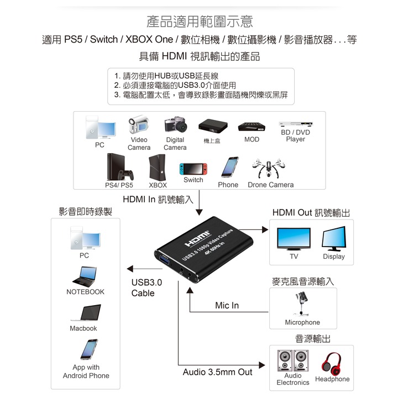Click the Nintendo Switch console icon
tap(193, 168)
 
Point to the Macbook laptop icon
tap(83, 313)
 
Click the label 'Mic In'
tap(227, 306)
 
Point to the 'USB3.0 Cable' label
tap(146, 287)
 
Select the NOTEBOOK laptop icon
tap(85, 276)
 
